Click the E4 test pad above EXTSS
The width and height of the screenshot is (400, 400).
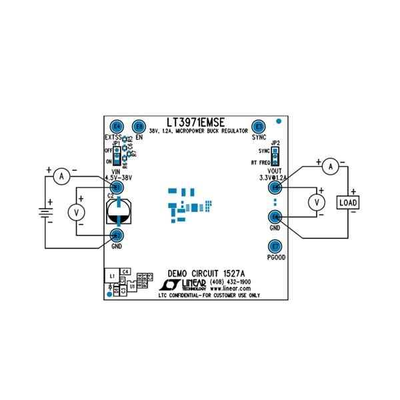coord(117,126)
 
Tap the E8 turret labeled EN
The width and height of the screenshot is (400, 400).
coord(139,126)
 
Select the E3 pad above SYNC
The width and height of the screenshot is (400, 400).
coord(259,126)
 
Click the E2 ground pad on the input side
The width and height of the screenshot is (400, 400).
coord(117,235)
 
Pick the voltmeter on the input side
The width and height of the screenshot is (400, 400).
coord(77,211)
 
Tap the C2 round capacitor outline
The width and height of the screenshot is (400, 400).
coord(119,214)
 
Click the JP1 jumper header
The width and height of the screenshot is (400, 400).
coord(116,155)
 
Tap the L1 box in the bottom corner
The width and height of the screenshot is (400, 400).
coord(113,275)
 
